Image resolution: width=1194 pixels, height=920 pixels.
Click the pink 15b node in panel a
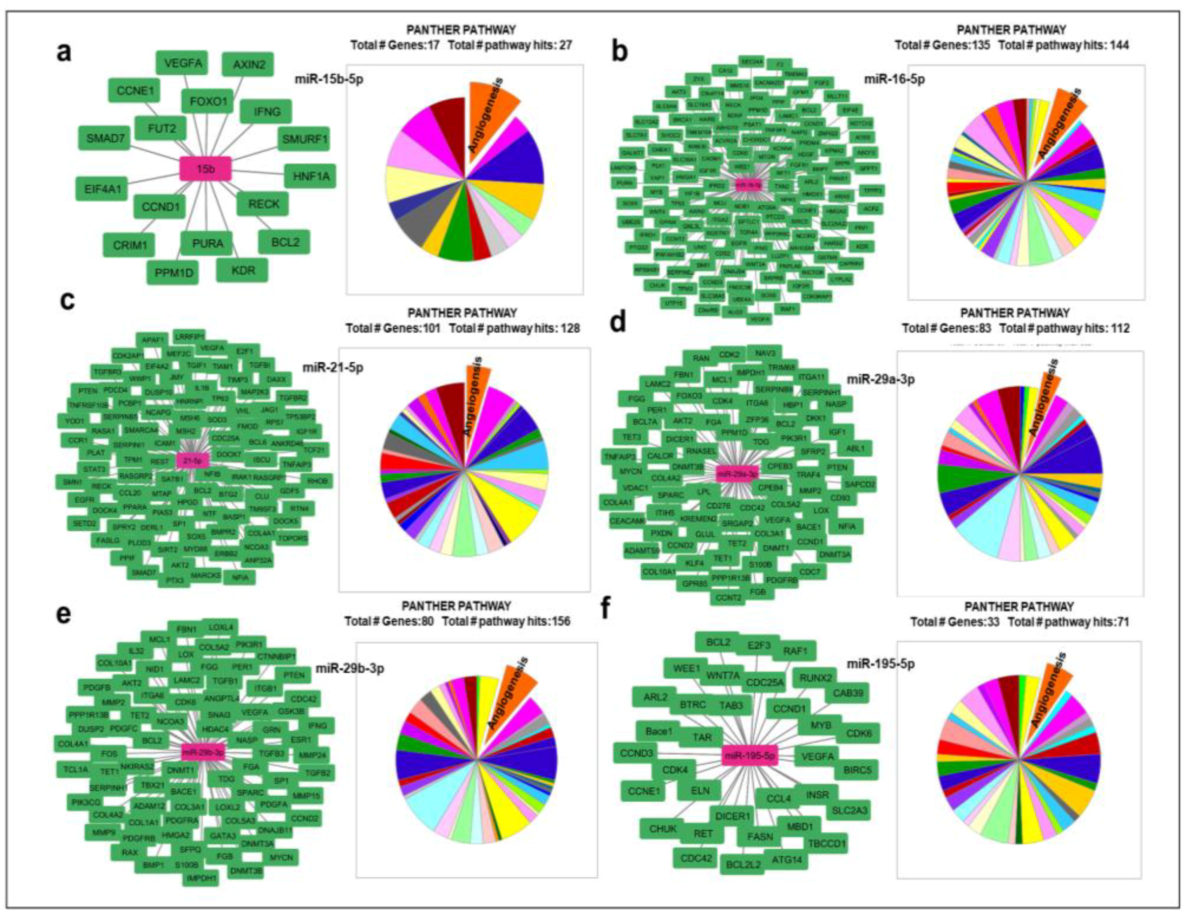tap(205, 169)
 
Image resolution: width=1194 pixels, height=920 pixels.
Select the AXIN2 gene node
tap(248, 64)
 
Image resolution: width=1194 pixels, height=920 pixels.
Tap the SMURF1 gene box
tap(305, 140)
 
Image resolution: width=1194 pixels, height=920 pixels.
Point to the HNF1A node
tap(310, 176)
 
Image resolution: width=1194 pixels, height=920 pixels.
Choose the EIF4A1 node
tap(102, 189)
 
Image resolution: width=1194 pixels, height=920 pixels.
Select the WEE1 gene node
tap(686, 669)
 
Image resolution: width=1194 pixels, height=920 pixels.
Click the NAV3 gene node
tap(766, 353)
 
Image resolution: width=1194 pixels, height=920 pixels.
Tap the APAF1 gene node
tap(153, 340)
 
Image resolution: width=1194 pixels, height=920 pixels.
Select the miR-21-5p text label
tap(333, 368)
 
